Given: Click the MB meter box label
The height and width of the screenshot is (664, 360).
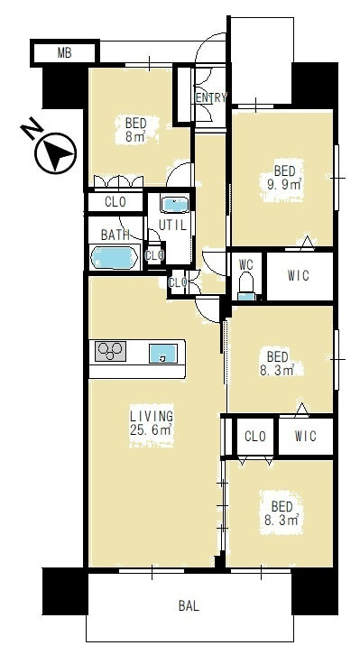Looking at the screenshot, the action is (x=64, y=53).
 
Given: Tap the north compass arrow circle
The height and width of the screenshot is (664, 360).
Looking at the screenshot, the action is (x=55, y=152).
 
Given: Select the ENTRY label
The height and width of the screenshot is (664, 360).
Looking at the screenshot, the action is (x=211, y=97).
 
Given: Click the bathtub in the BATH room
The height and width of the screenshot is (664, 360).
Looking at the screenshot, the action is (x=115, y=257).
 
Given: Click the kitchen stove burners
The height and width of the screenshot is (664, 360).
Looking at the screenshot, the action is (x=110, y=351).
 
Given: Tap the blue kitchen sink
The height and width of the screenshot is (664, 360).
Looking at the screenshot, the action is (x=162, y=353).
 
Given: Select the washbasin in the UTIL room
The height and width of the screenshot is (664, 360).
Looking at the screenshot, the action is (x=174, y=205).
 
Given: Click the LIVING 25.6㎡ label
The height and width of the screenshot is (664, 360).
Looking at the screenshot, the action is (x=152, y=423).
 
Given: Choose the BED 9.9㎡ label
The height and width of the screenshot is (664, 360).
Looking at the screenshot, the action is (x=284, y=178).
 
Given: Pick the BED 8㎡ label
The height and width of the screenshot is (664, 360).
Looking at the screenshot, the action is (x=135, y=130).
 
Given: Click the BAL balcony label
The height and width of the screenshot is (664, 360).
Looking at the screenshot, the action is (x=189, y=605).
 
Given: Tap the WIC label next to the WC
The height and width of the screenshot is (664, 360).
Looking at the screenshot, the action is (x=298, y=276).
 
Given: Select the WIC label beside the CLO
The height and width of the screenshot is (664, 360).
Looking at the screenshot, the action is (x=305, y=436).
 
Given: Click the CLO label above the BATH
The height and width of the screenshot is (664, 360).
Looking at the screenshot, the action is (x=115, y=202).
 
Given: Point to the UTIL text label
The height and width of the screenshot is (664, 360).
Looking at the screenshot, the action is (x=172, y=226).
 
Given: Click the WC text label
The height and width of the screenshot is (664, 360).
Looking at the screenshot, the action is (x=245, y=265).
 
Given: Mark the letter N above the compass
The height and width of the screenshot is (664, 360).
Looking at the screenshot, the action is (x=32, y=131).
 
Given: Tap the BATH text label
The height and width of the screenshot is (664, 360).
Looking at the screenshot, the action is (x=115, y=235).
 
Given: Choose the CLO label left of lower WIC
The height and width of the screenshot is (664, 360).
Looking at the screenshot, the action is (x=255, y=436).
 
